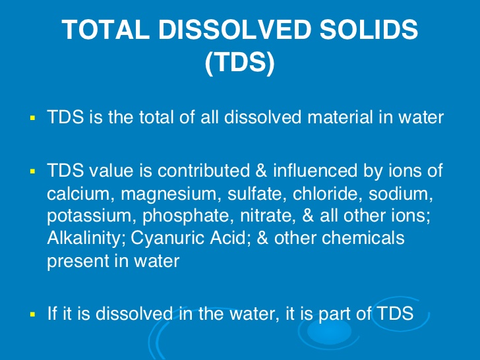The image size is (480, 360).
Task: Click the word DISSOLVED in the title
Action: pyautogui.click(x=235, y=30)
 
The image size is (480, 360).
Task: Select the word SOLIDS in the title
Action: pyautogui.click(x=369, y=30)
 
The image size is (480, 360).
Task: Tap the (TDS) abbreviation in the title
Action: pyautogui.click(x=240, y=62)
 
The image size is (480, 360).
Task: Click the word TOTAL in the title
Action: pyautogui.click(x=105, y=30)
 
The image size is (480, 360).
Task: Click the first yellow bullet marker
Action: pyautogui.click(x=33, y=118)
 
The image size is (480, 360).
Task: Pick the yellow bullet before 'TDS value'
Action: pyautogui.click(x=33, y=171)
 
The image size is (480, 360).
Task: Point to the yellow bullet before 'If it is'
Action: pyautogui.click(x=33, y=315)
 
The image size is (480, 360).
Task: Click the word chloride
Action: pyautogui.click(x=328, y=193)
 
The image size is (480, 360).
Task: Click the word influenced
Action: pyautogui.click(x=315, y=171)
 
